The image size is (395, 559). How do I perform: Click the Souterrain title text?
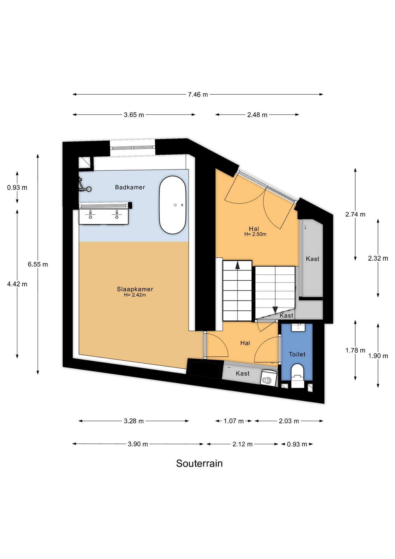click(x=199, y=463)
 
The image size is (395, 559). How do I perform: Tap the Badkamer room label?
click(x=130, y=187)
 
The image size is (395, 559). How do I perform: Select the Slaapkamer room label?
click(x=135, y=289)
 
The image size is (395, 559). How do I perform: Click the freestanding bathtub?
click(x=172, y=205)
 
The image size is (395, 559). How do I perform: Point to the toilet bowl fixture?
click(x=297, y=376)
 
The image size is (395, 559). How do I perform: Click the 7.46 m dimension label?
click(x=198, y=95)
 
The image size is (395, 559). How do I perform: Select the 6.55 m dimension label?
click(x=38, y=264)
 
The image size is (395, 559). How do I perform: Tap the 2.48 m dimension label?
click(x=257, y=115)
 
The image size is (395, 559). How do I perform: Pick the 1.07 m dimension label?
click(x=233, y=421)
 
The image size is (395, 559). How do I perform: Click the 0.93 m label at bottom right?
click(x=297, y=444)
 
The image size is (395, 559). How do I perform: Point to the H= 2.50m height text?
click(x=255, y=234)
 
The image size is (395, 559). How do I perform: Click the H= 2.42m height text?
click(x=135, y=295)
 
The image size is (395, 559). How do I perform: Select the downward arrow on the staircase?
click(x=275, y=310)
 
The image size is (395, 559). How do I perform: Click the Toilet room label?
click(x=297, y=354)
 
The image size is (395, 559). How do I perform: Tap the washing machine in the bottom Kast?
click(x=267, y=379)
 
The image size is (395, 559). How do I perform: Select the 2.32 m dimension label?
click(x=378, y=258)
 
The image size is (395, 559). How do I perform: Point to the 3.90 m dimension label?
click(x=138, y=444)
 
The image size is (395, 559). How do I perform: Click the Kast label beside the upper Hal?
click(x=312, y=259)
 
